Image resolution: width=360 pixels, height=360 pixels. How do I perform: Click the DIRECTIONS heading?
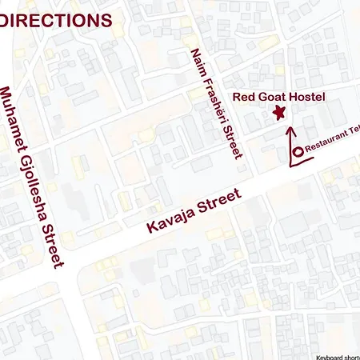pyautogui.click(x=55, y=20)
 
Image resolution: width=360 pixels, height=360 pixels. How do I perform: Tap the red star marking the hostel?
pyautogui.click(x=279, y=113)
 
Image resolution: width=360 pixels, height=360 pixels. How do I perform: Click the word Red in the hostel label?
pyautogui.click(x=245, y=98)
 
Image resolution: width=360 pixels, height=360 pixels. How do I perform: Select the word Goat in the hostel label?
pyautogui.click(x=277, y=98)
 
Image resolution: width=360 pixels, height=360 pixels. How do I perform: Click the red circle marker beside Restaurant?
pyautogui.click(x=297, y=151)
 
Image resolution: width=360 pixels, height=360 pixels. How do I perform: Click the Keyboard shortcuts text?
pyautogui.click(x=337, y=356)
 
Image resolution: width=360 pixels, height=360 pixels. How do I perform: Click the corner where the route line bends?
pyautogui.click(x=289, y=166)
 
